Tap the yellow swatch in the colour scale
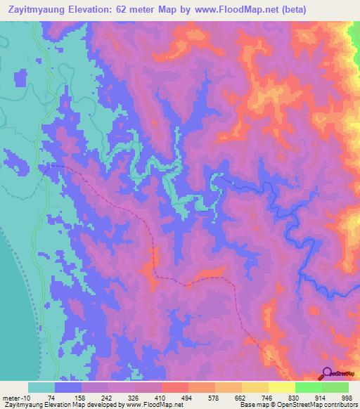coord(281,388)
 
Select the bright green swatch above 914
coord(307,388)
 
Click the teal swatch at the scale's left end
coord(41,388)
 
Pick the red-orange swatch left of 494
coord(174,388)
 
